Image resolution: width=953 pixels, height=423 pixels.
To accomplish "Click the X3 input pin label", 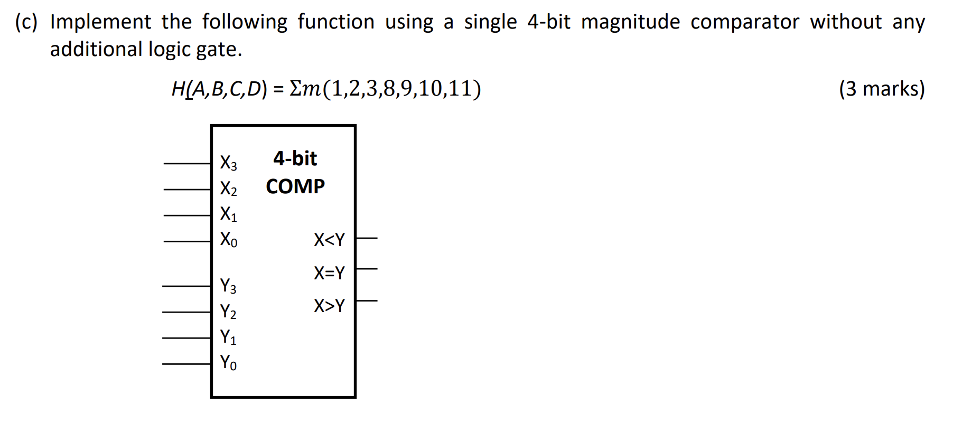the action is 228,163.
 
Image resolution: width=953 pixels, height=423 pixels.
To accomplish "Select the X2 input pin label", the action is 228,189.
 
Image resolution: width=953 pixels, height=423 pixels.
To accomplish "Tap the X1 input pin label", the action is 228,214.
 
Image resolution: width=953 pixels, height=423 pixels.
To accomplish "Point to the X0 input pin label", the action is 228,240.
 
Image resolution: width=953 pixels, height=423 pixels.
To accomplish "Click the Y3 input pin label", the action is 228,286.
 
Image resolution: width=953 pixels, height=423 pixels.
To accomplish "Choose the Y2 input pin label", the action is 228,312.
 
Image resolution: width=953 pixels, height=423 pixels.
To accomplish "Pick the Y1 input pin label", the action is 228,337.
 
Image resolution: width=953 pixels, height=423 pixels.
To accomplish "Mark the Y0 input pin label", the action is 228,363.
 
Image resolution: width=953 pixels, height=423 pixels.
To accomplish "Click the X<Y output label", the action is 329,240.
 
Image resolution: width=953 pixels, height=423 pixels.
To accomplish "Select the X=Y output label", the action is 329,273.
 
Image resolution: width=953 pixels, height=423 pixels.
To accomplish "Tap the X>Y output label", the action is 329,306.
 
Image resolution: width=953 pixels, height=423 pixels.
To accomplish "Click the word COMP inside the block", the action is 295,186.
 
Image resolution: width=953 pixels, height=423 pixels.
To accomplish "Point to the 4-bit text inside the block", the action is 295,158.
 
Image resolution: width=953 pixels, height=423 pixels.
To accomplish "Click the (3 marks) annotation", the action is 882,89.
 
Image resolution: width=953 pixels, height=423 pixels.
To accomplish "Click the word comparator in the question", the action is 744,22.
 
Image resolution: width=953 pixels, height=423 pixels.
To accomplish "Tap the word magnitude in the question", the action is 630,22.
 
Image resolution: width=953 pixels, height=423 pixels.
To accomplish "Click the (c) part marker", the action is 26,22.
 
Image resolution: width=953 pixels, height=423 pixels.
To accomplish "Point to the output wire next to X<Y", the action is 367,238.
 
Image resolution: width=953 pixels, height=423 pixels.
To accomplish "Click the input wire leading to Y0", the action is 186,364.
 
